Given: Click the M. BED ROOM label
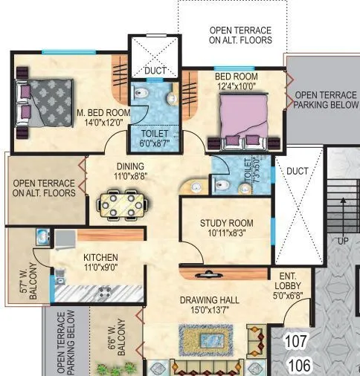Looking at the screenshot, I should click(x=103, y=113).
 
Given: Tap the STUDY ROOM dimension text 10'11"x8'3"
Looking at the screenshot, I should click(x=226, y=234).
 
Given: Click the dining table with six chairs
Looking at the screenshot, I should click(x=120, y=203).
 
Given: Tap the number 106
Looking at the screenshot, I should click(x=300, y=365).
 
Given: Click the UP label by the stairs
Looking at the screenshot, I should click(x=343, y=241).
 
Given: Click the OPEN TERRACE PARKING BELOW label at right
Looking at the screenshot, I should click(x=324, y=100).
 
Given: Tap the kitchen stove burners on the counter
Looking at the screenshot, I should click(x=105, y=291).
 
